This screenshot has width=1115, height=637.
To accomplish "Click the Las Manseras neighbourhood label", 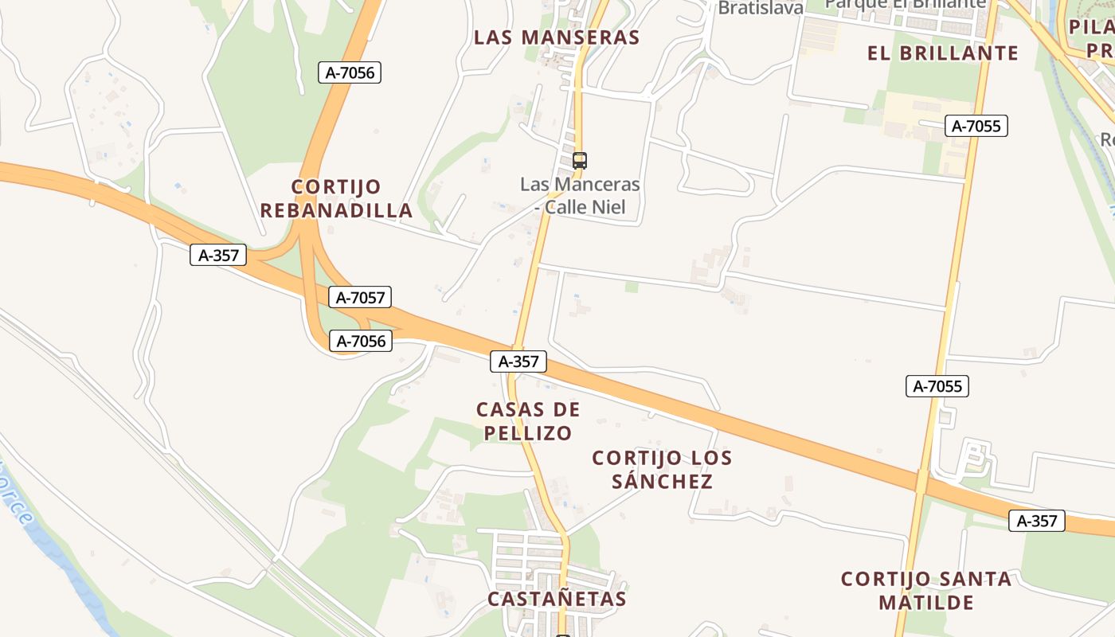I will coord(557,37).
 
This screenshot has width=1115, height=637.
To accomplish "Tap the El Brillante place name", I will coord(943,53).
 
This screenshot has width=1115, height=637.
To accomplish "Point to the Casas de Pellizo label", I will coord(528,421).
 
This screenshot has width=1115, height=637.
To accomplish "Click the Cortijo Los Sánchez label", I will coord(662,470).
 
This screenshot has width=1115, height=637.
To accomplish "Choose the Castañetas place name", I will coord(557,599).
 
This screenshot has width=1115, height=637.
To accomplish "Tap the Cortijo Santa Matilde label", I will coord(926,590).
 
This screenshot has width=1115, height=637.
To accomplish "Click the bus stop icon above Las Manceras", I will coord(580,160).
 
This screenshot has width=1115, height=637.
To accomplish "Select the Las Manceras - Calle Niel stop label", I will coord(580,196).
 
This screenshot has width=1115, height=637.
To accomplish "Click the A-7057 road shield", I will coord(360,298).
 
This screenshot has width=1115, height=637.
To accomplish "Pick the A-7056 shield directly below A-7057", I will coord(361,342).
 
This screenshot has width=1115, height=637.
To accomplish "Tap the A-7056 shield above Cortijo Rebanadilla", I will coord(350,72).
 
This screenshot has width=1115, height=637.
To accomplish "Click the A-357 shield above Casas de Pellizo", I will coord(518,361).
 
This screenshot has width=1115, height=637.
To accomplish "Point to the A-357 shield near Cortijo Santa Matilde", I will coord(1037,521).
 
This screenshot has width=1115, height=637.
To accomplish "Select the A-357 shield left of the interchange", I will coord(218,256).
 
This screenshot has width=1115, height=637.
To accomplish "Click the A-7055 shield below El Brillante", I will coord(976,126).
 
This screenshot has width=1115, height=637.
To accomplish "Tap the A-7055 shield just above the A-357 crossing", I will coord(937,387).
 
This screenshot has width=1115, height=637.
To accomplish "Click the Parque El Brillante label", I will coord(905,4).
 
